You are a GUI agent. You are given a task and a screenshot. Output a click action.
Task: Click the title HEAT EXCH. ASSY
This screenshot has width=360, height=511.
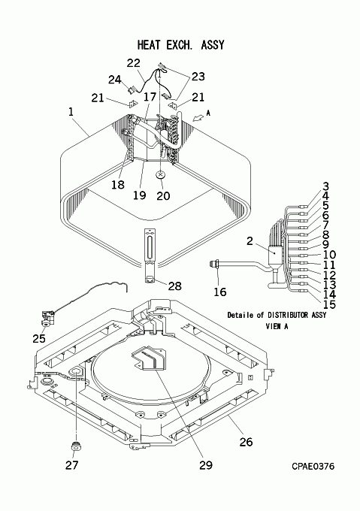181,44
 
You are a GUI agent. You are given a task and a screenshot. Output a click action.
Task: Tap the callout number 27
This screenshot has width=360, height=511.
71,465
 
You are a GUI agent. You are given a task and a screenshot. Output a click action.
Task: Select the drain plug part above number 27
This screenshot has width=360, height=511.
76,446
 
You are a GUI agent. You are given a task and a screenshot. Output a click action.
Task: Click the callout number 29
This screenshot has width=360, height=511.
206,465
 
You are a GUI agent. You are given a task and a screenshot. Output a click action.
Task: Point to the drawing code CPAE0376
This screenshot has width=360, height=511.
313,467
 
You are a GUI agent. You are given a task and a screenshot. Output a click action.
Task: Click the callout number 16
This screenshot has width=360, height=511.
220,292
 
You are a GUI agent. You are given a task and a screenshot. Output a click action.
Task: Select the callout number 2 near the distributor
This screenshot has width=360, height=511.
250,241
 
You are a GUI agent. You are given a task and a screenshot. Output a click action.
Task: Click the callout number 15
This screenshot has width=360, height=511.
329,304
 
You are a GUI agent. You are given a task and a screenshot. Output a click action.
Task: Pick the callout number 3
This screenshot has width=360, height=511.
325,186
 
